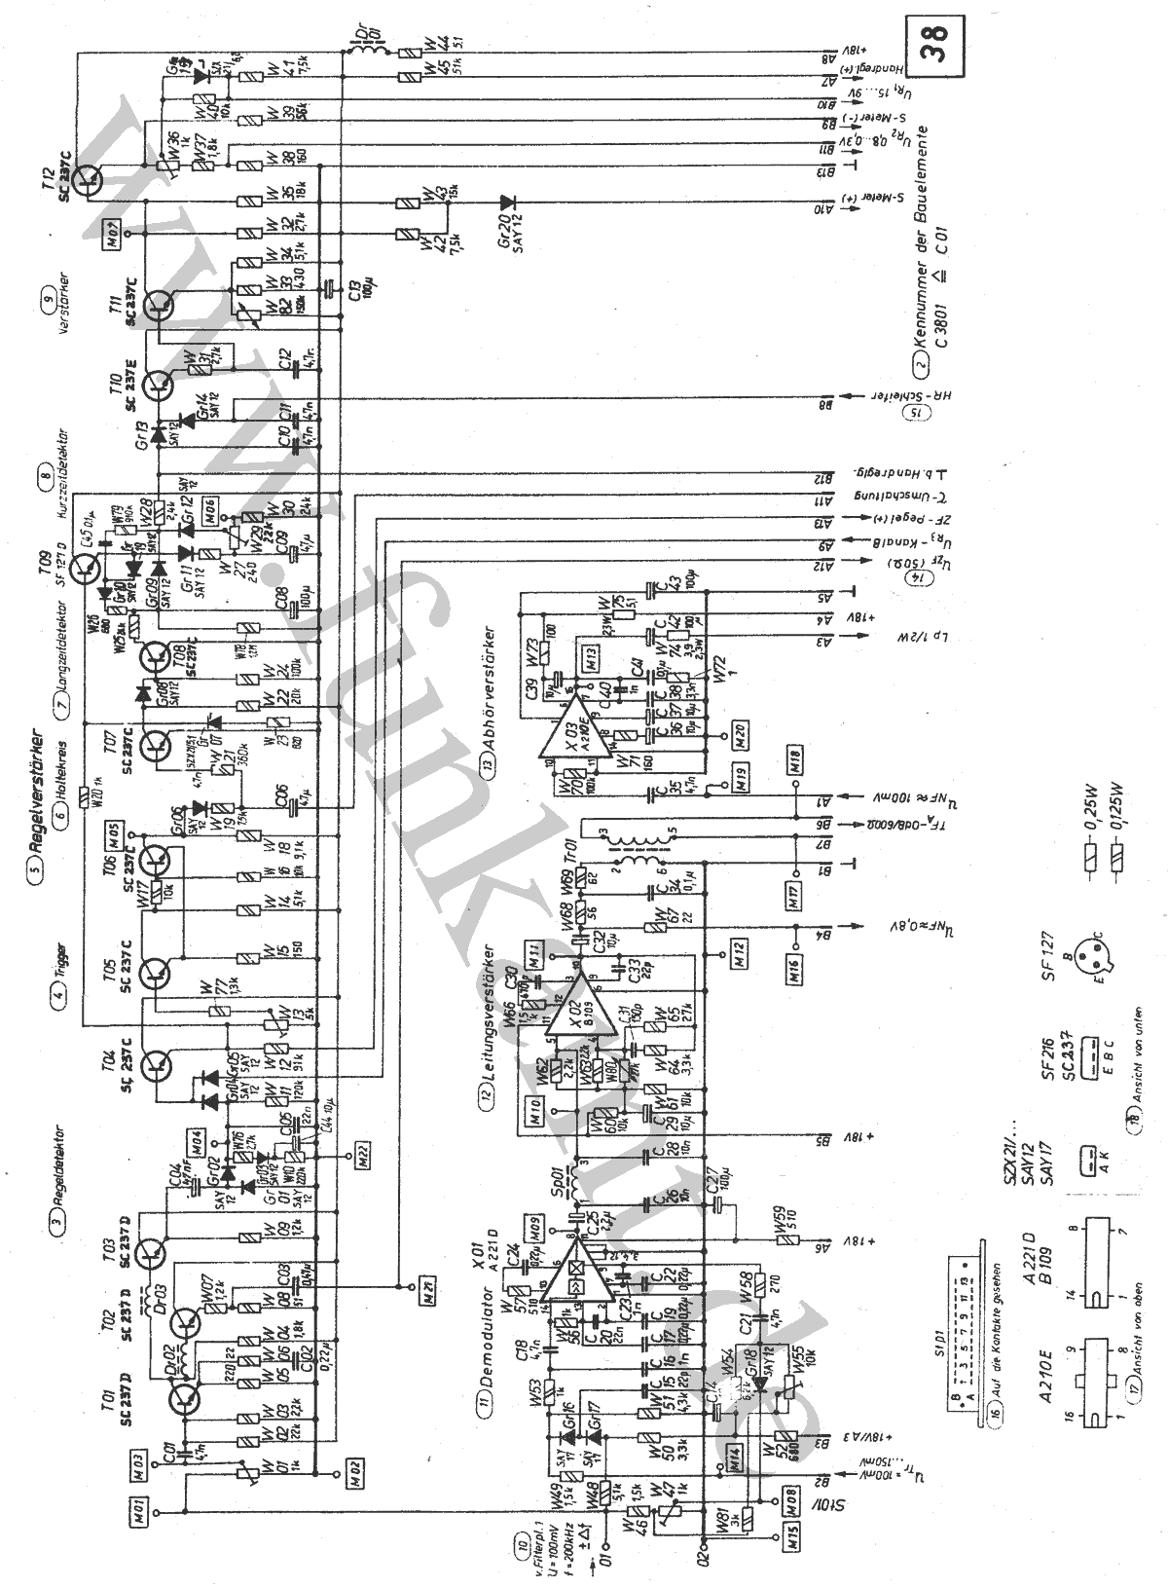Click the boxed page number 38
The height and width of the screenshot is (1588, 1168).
click(x=932, y=44)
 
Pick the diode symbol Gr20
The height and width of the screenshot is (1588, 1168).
click(x=507, y=203)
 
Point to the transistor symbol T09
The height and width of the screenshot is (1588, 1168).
click(x=86, y=569)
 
